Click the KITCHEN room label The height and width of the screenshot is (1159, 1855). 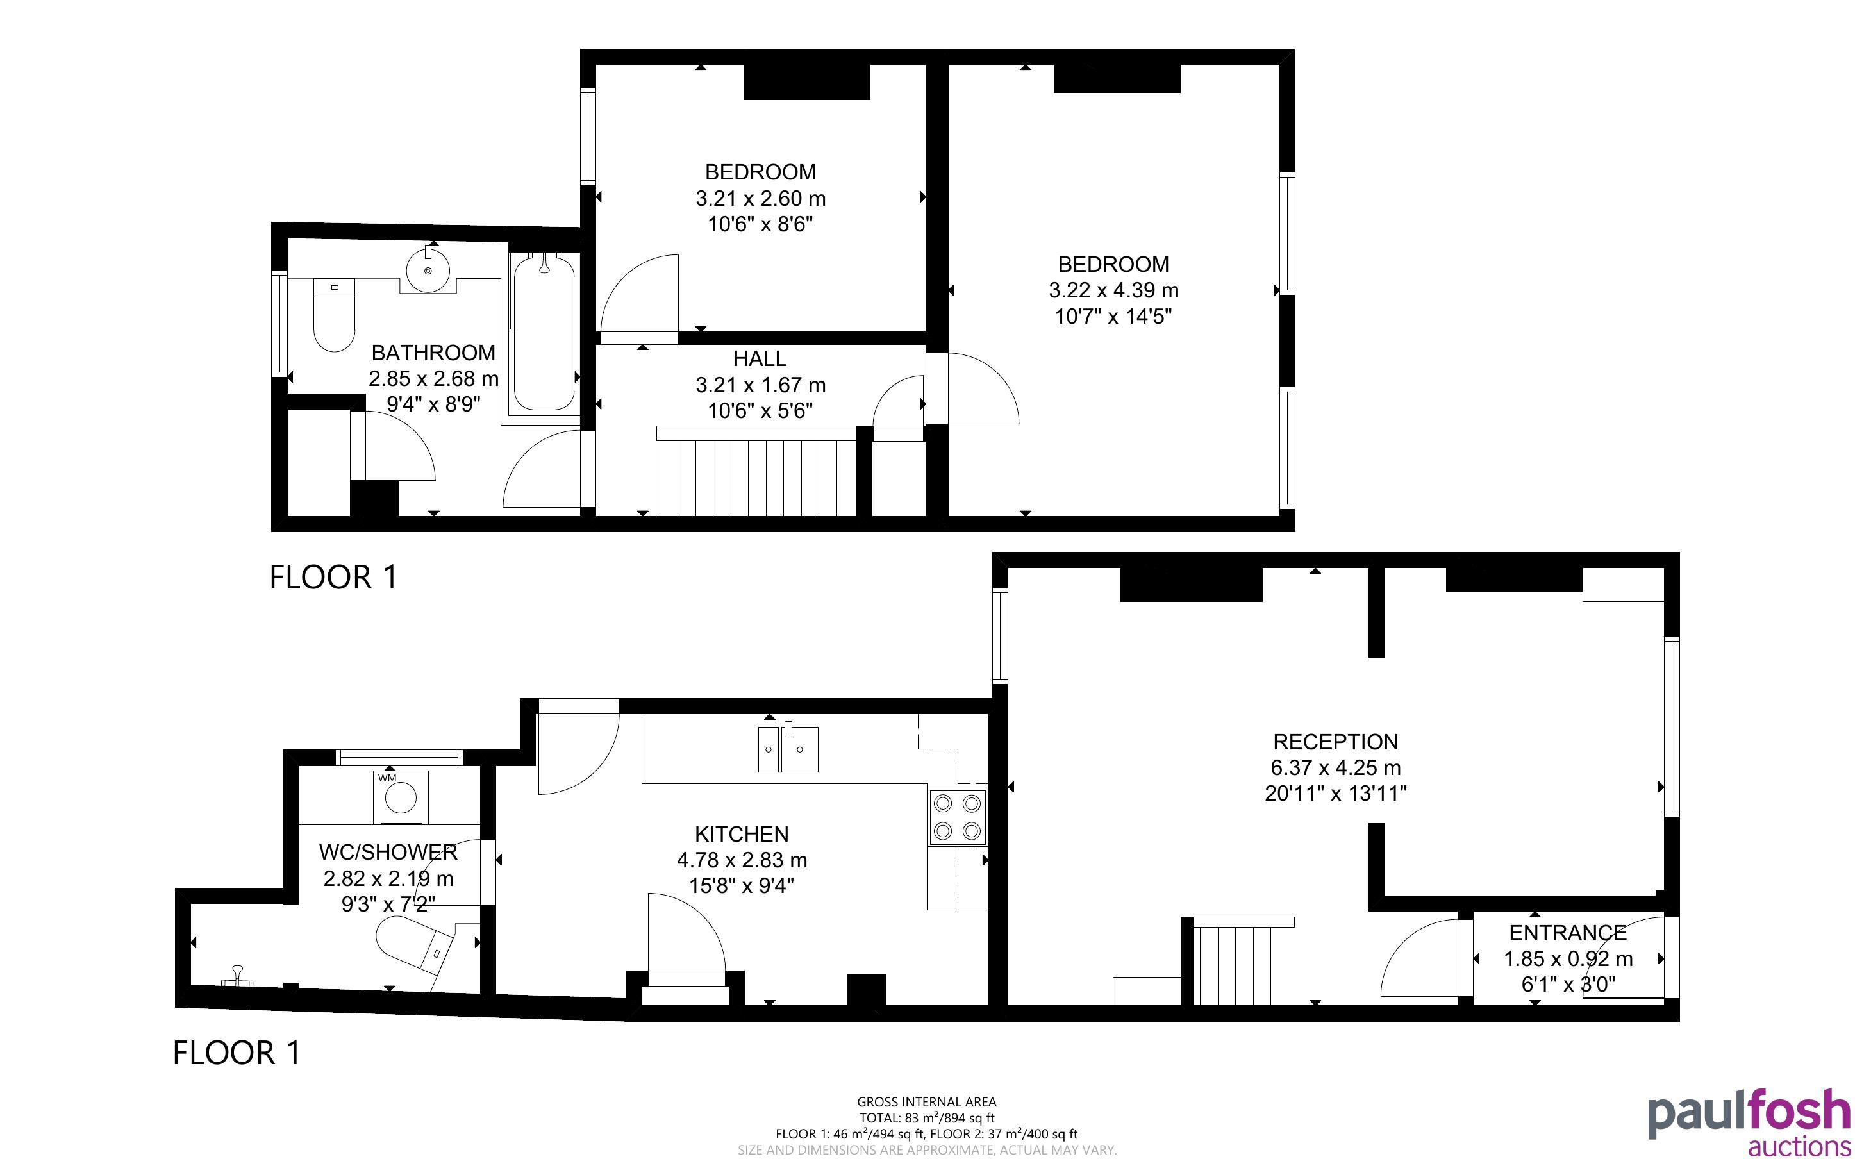point(741,834)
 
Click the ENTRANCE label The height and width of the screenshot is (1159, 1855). point(1568,933)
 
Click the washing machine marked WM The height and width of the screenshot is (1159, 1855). point(401,797)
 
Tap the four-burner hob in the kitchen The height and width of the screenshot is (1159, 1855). point(958,817)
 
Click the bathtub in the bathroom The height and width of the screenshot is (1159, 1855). point(544,333)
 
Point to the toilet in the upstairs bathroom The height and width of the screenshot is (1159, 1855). point(335,314)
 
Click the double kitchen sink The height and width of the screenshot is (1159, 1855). point(788,747)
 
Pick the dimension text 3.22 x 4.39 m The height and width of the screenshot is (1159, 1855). point(1113,290)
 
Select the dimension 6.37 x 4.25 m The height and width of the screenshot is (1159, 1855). point(1336,767)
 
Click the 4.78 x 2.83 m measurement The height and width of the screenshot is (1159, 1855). point(742,860)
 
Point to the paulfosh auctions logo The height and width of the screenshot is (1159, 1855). point(1749,1123)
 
